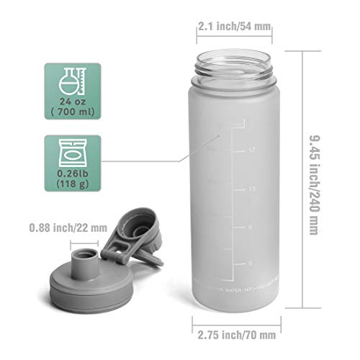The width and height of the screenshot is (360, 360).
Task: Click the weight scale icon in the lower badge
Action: click(x=72, y=153)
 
